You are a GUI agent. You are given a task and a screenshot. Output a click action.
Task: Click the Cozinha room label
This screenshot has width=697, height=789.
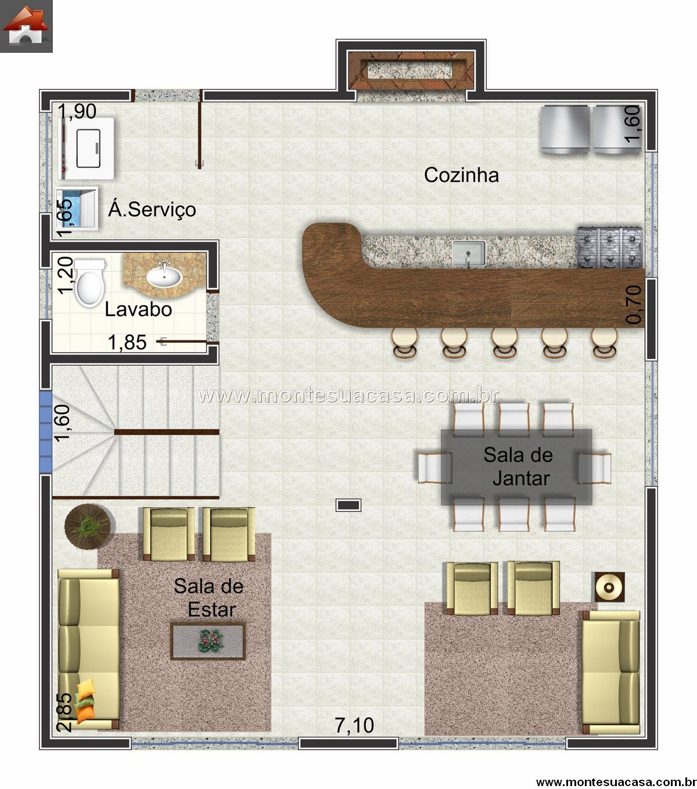(x=461, y=175)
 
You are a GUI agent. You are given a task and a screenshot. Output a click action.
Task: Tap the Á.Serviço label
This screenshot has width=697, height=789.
(x=152, y=209)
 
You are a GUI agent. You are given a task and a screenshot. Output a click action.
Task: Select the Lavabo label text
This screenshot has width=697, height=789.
(x=138, y=309)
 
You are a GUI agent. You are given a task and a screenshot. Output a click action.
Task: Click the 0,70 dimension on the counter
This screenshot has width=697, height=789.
(x=634, y=304)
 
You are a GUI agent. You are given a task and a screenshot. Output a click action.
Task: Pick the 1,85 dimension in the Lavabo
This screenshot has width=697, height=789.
(x=127, y=343)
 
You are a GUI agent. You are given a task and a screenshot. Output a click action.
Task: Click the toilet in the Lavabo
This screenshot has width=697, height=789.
(x=90, y=283)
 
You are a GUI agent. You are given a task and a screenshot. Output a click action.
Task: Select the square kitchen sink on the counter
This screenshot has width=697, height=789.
(x=469, y=253)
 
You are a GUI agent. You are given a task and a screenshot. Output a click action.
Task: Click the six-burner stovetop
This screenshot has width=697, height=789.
(x=610, y=248)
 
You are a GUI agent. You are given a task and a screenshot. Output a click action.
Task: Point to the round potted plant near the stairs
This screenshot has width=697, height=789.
(x=88, y=526)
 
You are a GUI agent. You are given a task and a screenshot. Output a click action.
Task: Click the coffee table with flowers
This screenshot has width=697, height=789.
(x=208, y=641)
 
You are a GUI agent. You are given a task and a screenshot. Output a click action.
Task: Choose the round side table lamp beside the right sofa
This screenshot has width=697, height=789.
(x=609, y=587)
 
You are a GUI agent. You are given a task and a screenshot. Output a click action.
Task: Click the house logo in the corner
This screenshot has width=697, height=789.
(x=26, y=26)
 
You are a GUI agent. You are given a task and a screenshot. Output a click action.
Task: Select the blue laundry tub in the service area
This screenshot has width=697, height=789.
(x=76, y=208)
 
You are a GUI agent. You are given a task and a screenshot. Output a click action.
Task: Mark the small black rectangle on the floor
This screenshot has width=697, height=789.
(x=348, y=505)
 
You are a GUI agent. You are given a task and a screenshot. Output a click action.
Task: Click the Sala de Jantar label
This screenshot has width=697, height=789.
(x=519, y=467)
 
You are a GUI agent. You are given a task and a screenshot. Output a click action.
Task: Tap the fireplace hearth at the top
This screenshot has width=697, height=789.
(x=411, y=71)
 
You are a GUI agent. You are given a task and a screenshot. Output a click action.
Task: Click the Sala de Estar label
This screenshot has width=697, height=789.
(x=209, y=598)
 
